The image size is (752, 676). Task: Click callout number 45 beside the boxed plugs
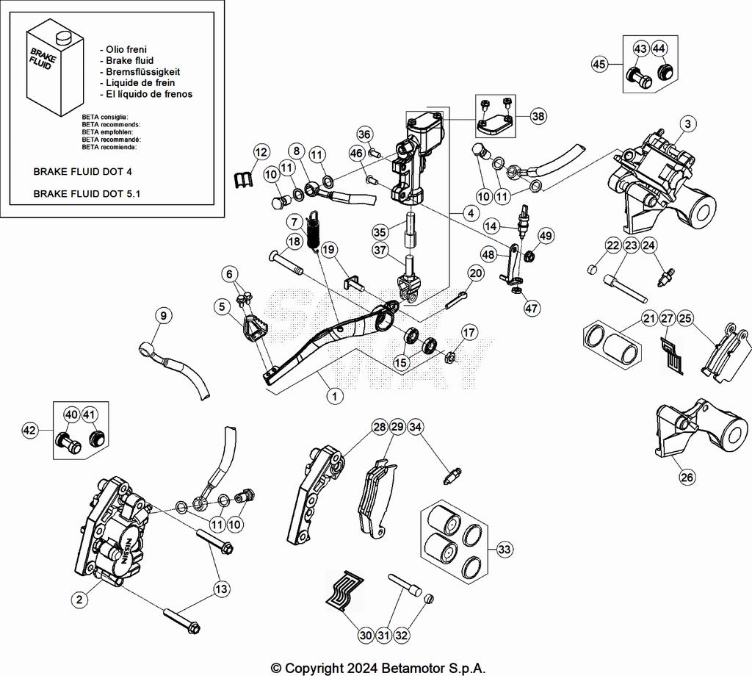click(x=600, y=64)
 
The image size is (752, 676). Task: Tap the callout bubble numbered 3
click(x=687, y=123)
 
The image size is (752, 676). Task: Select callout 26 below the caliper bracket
click(x=687, y=478)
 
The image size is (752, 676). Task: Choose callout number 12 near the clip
click(x=261, y=152)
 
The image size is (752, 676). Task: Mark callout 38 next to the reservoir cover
click(x=538, y=116)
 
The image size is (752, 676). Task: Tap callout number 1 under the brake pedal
click(x=334, y=396)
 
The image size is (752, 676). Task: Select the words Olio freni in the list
click(x=126, y=49)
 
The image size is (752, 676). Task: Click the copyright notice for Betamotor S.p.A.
click(x=378, y=668)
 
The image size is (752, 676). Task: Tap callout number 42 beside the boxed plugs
click(x=31, y=429)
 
